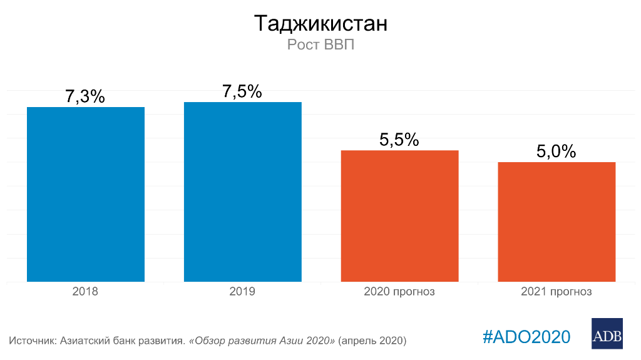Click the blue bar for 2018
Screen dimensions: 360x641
click(86, 194)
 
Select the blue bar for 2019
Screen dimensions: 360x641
click(243, 192)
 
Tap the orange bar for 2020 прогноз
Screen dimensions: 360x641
click(399, 216)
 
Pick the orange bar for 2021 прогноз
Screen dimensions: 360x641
click(556, 222)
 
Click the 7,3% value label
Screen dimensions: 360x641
click(85, 97)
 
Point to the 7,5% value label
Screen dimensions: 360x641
click(242, 91)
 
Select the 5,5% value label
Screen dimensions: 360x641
click(399, 140)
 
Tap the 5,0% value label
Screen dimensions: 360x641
click(556, 152)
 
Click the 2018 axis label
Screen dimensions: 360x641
click(85, 292)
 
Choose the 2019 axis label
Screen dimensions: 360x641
click(242, 292)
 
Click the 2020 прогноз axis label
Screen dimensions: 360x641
click(399, 292)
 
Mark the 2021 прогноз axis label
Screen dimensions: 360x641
click(556, 292)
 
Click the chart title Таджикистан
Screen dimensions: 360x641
click(320, 24)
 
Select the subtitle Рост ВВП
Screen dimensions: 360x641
click(320, 45)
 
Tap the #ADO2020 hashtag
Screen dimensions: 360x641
click(526, 336)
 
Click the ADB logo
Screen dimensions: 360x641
click(607, 333)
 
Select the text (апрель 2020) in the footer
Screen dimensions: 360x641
click(372, 341)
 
